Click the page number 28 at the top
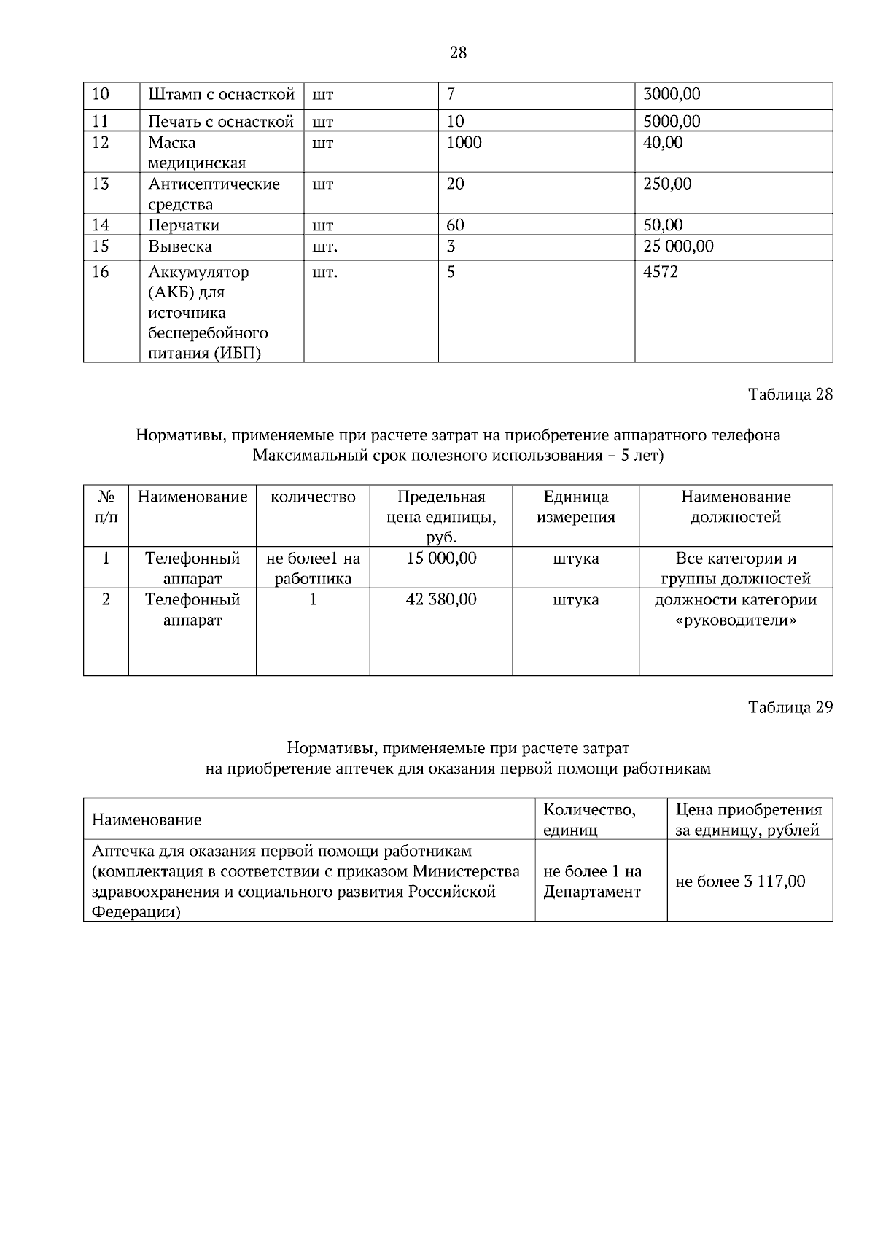coord(458,52)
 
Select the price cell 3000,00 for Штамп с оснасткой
coord(671,95)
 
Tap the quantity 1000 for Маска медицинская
coord(464,143)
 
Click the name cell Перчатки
coord(184,225)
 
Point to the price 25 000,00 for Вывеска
coord(678,246)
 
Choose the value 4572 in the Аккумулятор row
coord(661,273)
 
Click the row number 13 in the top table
coord(101,184)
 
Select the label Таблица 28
coord(790,394)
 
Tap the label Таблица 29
coord(790,707)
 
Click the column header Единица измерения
coord(575,507)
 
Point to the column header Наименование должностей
coord(735,507)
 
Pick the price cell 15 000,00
coord(440,558)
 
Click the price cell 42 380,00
coord(440,600)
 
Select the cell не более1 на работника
coord(313,569)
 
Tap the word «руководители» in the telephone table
coord(735,620)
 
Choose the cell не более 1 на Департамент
coord(592,881)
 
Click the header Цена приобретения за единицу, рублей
coord(748,820)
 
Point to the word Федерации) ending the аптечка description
coord(136,912)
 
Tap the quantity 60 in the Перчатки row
coord(455,225)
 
